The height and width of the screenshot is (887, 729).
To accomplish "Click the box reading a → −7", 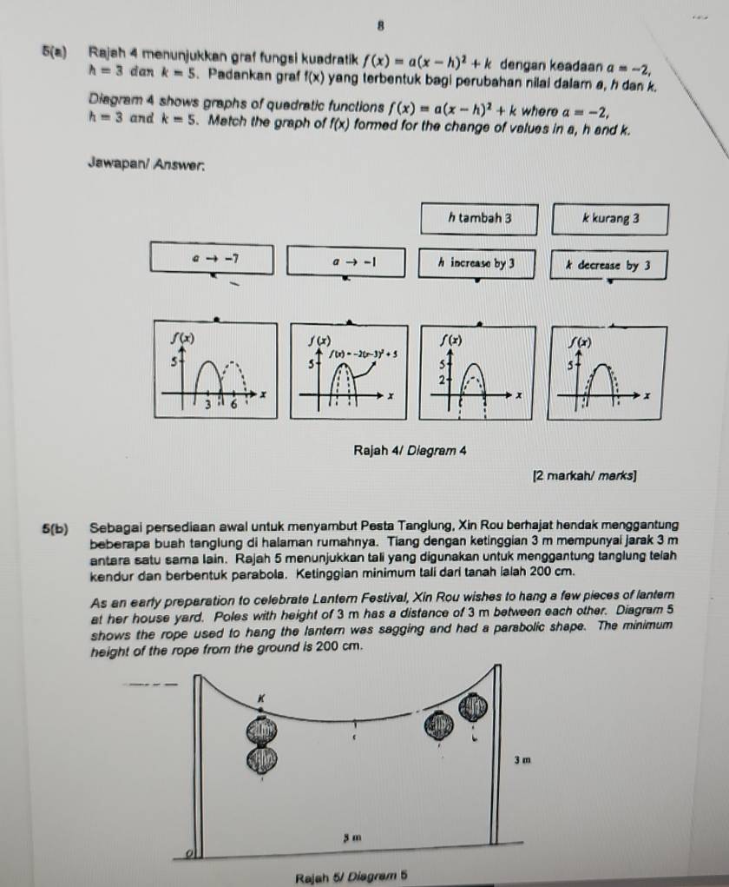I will coord(212,260).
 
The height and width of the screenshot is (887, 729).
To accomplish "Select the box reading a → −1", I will coord(345,261).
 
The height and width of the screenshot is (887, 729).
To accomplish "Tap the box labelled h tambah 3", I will coord(479,219).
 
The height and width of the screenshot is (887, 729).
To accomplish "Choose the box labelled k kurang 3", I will coord(609,220).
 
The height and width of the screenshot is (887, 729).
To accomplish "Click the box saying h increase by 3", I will coord(476,262).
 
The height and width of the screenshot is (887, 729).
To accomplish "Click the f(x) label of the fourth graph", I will coord(576,343).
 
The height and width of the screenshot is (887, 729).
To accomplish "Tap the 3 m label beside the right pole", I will coord(521,760).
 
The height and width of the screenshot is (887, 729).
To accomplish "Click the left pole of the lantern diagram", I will coord(198,765).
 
